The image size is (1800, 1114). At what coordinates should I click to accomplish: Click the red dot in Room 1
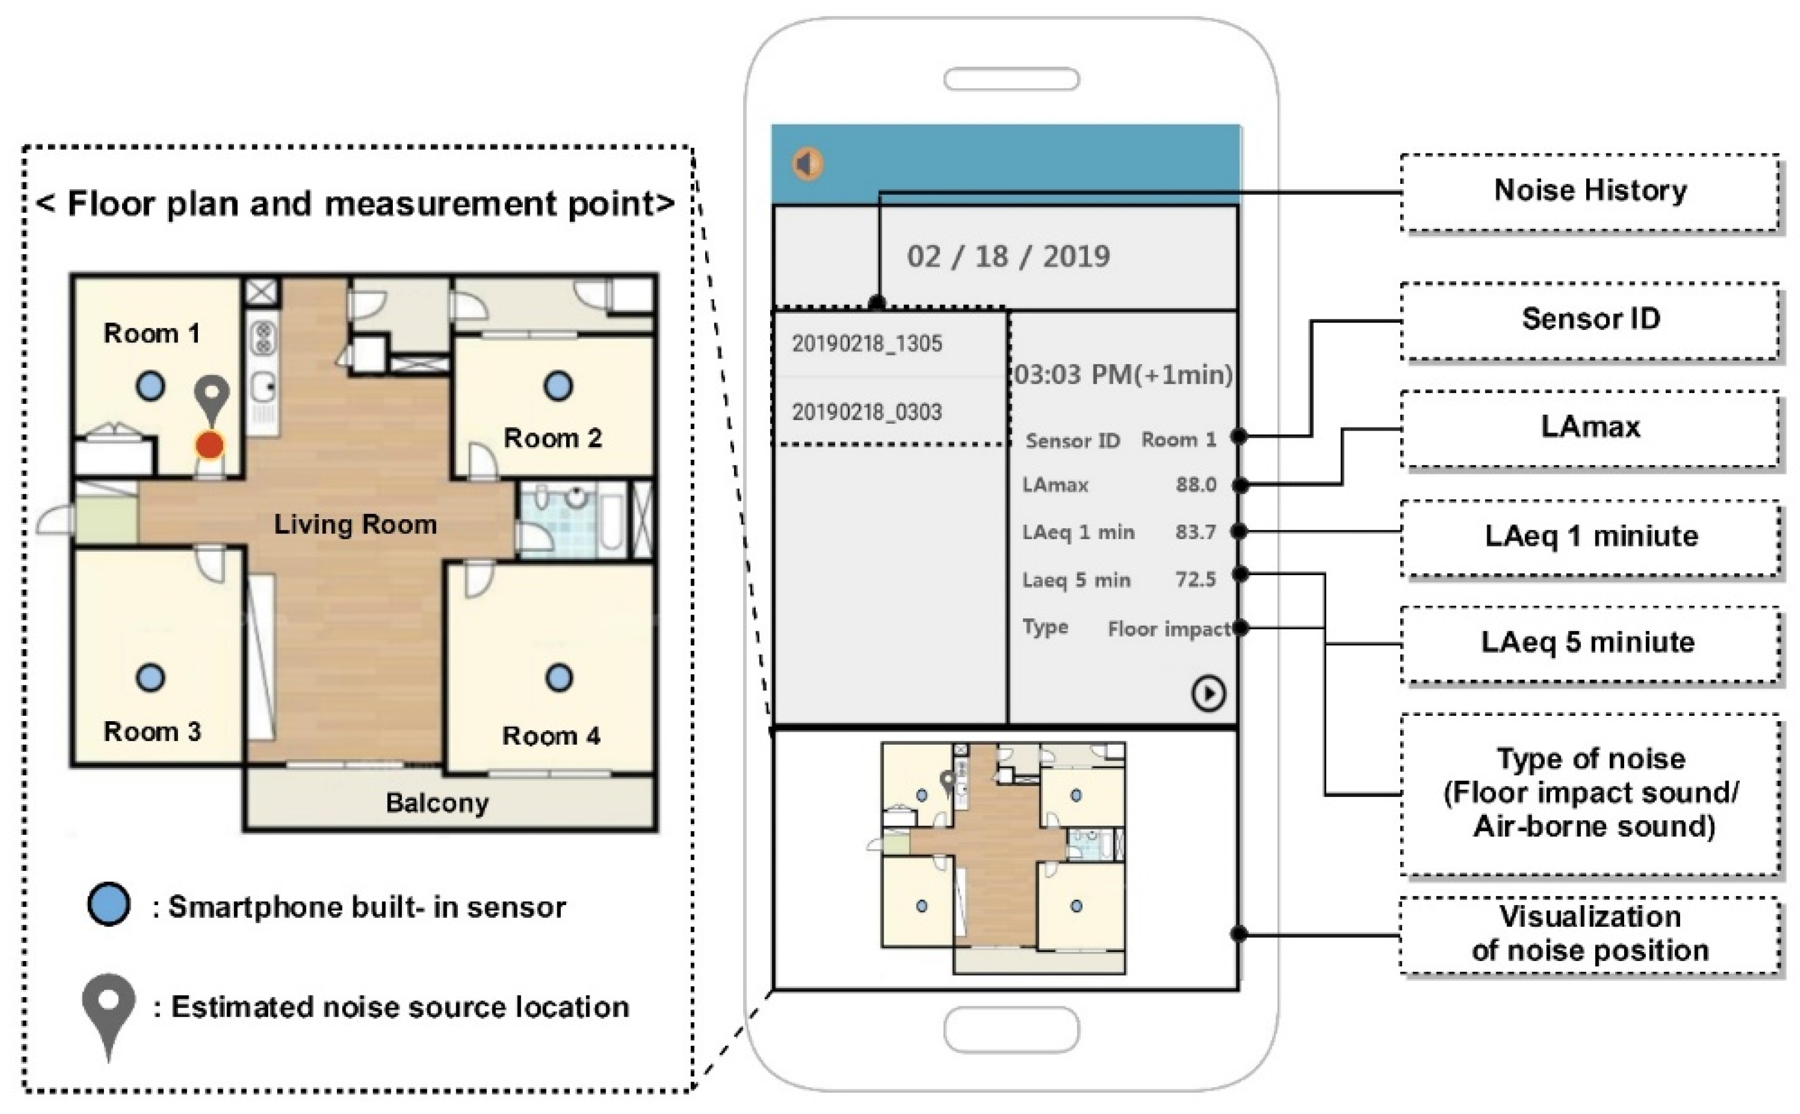pos(209,445)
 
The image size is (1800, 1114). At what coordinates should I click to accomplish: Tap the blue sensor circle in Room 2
pos(558,385)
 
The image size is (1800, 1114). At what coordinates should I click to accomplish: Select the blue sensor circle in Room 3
pos(150,677)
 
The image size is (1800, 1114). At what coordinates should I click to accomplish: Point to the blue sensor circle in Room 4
pos(559,677)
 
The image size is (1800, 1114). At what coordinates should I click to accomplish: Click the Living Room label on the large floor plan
pos(355,524)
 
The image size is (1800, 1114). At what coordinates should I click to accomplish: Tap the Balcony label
pos(437,802)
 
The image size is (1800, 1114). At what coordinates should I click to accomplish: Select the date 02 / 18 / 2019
pos(1008,256)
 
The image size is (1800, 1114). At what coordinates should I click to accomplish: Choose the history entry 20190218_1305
pos(867,343)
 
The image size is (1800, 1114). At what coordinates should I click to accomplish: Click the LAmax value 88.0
pos(1195,484)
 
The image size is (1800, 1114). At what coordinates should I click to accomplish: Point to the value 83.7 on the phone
pos(1195,531)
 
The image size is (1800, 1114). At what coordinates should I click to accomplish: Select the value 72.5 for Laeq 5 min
pos(1195,579)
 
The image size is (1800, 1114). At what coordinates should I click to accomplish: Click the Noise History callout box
pos(1589,191)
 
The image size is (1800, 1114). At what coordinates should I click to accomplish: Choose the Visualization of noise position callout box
pos(1589,934)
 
